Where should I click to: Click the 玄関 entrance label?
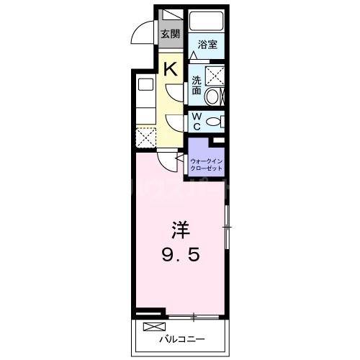[170, 34]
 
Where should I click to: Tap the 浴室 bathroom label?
[207, 45]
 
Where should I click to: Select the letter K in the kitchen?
[171, 69]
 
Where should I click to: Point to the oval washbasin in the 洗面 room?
[213, 96]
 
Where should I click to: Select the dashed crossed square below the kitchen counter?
[145, 137]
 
